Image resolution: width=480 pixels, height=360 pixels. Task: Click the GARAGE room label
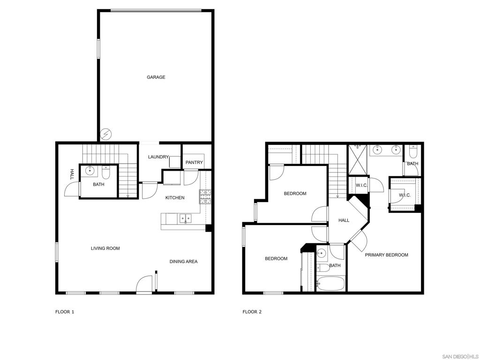click(156, 77)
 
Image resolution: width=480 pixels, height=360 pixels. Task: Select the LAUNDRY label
click(158, 157)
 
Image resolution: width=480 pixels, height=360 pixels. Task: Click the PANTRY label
click(194, 162)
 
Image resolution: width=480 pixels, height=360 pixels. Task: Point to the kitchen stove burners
click(205, 197)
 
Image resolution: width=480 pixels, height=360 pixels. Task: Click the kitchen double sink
click(185, 218)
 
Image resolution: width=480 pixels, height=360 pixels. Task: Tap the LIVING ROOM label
click(105, 248)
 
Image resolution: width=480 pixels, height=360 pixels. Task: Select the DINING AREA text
click(184, 262)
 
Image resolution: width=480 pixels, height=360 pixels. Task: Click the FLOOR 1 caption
click(65, 312)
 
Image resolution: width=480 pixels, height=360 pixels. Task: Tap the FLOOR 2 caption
click(252, 312)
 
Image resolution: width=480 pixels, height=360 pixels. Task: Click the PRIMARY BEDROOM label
click(386, 255)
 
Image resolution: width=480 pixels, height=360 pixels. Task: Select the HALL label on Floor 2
click(344, 220)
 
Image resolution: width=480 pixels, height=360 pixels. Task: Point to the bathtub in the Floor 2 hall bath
click(331, 284)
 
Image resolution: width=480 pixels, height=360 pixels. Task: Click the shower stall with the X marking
click(358, 159)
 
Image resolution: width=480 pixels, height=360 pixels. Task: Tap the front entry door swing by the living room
click(144, 284)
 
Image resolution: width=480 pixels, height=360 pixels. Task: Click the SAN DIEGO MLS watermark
click(460, 357)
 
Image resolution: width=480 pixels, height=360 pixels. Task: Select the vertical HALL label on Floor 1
click(72, 174)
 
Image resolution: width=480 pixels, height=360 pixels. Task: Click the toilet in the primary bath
click(413, 151)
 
